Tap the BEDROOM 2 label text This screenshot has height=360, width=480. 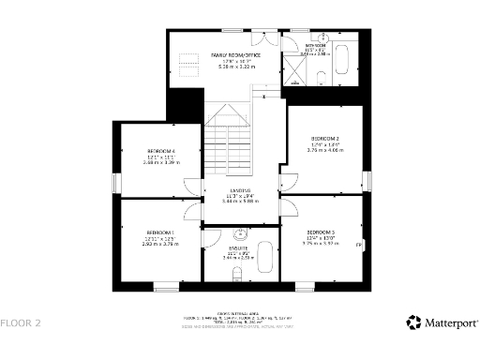coord(324,139)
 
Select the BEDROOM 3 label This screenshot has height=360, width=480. coord(321,232)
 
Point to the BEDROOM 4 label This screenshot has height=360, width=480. coord(160,151)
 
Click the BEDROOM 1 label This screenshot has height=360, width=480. coord(160,232)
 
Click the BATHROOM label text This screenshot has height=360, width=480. coord(314,44)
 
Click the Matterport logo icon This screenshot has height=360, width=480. coord(413,322)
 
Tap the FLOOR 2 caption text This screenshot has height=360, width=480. coord(21,323)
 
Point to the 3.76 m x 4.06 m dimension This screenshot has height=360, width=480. coord(324,150)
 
